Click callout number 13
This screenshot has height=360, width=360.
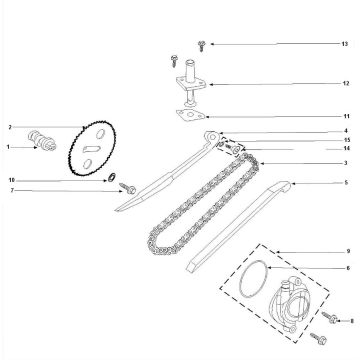[345, 44]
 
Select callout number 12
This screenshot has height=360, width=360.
[346, 83]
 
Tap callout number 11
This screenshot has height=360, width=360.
[347, 116]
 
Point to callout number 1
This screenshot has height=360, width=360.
[8, 147]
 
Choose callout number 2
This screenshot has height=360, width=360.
[10, 127]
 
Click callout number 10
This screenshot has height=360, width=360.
[12, 180]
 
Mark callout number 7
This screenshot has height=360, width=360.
[12, 190]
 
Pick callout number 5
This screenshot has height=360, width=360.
[346, 183]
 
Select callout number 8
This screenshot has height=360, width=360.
[352, 321]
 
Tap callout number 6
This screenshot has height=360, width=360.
[348, 268]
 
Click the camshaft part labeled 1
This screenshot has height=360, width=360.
[42, 141]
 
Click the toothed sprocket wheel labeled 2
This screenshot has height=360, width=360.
[92, 148]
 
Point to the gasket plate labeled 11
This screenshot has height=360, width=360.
[190, 115]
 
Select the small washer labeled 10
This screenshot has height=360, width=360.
[112, 176]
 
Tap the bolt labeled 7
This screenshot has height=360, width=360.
[128, 188]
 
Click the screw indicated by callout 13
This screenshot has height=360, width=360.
[201, 46]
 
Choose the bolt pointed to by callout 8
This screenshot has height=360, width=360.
[330, 317]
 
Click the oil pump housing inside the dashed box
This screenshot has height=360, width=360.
[287, 303]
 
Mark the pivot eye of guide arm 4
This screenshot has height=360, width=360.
[212, 136]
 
